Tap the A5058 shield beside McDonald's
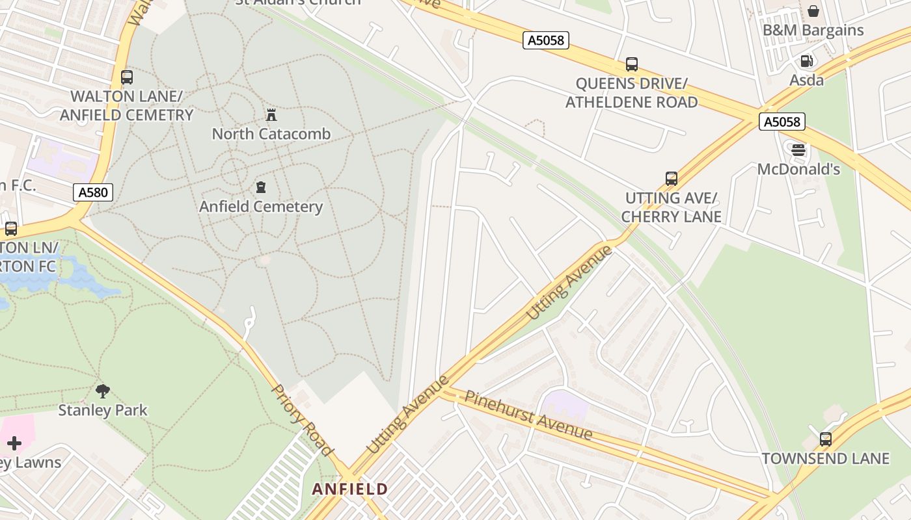click(782, 122)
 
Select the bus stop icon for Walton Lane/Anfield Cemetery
click(127, 77)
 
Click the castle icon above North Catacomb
click(271, 116)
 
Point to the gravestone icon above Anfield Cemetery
click(261, 188)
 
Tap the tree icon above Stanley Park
click(102, 391)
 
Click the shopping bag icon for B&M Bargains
click(813, 11)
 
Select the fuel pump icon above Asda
click(806, 61)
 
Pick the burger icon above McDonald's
click(798, 150)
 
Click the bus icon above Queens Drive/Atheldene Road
click(631, 64)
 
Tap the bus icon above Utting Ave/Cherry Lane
click(671, 178)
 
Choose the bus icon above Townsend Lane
click(825, 439)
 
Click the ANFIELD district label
click(350, 489)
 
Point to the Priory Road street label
click(302, 420)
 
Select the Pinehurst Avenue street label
click(528, 415)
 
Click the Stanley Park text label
click(103, 410)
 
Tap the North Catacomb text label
click(271, 134)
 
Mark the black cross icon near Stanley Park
click(14, 443)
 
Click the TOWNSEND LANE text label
click(825, 458)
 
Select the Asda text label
click(806, 80)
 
